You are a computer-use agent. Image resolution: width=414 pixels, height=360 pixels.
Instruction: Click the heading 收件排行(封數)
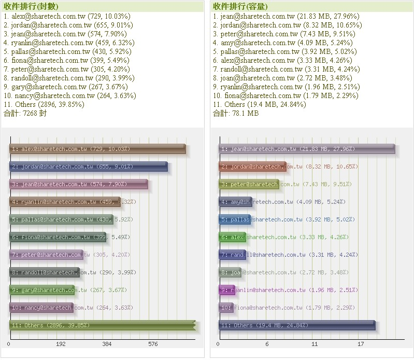tap(31, 6)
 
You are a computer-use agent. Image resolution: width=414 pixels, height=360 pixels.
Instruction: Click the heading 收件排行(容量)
tap(240, 6)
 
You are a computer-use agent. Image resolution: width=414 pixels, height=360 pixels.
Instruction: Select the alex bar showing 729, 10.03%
tap(97, 149)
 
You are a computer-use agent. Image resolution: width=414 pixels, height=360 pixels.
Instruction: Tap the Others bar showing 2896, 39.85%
tap(103, 325)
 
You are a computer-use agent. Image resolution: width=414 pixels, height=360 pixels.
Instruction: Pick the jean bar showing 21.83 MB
tap(307, 149)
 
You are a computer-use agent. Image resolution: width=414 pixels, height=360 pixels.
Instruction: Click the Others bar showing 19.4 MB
tap(296, 325)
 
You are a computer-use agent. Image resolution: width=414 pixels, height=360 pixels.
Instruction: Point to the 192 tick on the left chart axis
tap(61, 344)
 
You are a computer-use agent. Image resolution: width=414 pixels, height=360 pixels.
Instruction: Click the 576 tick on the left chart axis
tap(153, 344)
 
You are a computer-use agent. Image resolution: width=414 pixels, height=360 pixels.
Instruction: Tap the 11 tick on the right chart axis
tap(315, 344)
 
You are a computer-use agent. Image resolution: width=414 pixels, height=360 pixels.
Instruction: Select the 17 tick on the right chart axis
tap(361, 344)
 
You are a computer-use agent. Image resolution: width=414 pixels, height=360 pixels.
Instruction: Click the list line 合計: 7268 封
tap(25, 113)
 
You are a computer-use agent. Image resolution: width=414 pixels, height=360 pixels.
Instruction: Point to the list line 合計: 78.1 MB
tap(236, 113)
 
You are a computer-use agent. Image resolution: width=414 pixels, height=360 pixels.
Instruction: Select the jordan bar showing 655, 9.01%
tap(89, 167)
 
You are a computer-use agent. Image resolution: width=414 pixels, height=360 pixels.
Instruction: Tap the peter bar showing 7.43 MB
tap(249, 184)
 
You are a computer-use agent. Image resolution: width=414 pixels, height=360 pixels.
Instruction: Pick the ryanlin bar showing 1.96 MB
tap(227, 290)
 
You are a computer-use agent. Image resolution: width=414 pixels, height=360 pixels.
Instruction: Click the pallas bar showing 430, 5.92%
tap(61, 219)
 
